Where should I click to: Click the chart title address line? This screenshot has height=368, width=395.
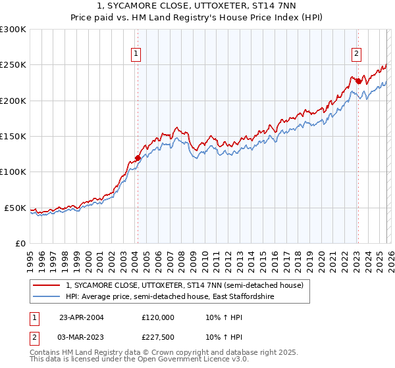tap(197, 6)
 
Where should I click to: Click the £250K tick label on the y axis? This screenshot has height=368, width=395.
tap(13, 65)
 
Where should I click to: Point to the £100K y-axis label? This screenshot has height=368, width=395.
tap(13, 172)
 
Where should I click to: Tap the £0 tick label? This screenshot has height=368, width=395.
tap(20, 243)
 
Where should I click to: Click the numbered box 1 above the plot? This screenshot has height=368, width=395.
tap(136, 54)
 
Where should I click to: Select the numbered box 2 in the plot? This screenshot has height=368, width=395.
tap(356, 54)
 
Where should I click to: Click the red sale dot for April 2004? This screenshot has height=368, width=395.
tap(138, 158)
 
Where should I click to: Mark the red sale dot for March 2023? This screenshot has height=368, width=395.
tap(357, 81)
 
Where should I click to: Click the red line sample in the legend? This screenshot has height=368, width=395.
tap(46, 286)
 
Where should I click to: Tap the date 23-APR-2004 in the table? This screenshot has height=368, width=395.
tap(81, 317)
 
